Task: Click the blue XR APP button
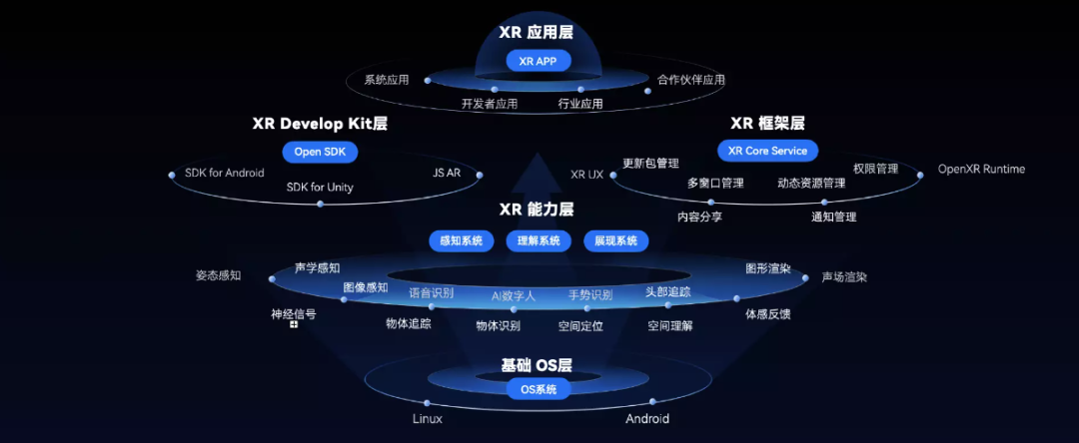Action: tap(538, 61)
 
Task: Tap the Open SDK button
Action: tap(320, 152)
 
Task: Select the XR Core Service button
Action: tap(767, 151)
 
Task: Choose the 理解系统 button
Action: tap(539, 240)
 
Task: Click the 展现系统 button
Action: tap(615, 240)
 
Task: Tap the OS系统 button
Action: tap(539, 389)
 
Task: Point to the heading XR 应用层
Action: tap(539, 32)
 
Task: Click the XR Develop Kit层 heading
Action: tap(320, 124)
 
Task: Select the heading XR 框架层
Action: tap(767, 123)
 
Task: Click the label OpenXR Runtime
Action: tap(981, 169)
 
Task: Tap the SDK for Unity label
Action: tap(320, 187)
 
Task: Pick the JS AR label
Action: tap(447, 173)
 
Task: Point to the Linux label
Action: tap(428, 419)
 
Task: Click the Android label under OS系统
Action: tap(647, 419)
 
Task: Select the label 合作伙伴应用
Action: tap(691, 80)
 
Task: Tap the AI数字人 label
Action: tap(514, 295)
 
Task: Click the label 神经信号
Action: tap(294, 314)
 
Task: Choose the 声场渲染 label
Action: tap(844, 276)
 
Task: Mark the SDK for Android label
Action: tap(225, 173)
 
